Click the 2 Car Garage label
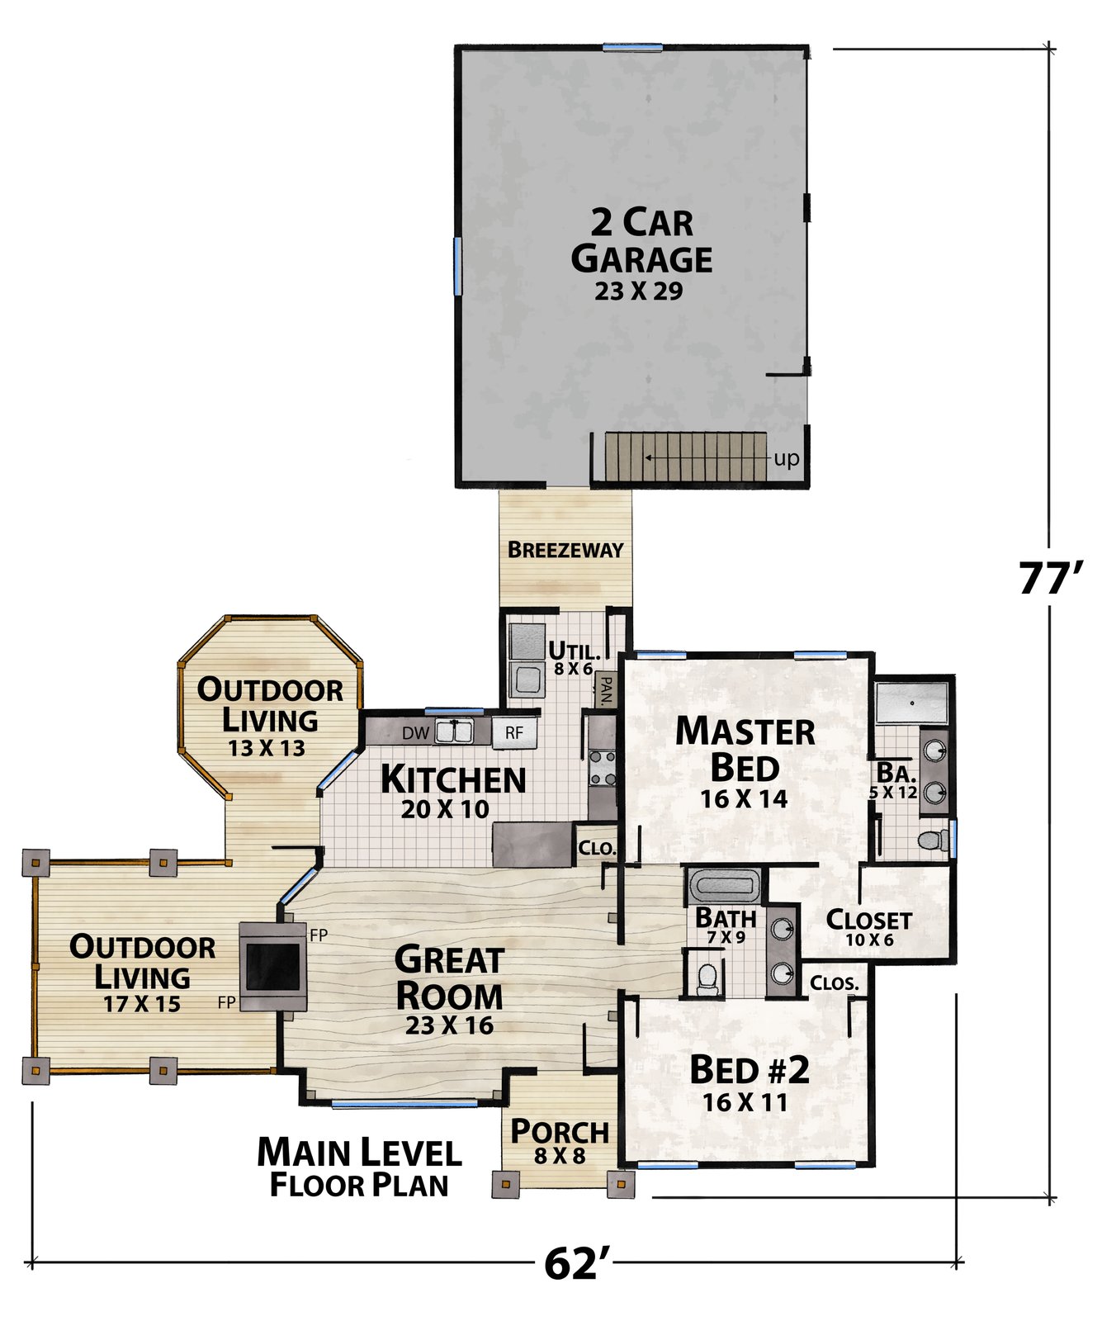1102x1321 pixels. coord(641,240)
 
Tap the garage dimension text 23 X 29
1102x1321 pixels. coord(638,291)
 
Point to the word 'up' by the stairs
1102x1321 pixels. coord(786,458)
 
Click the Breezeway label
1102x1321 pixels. coord(565,550)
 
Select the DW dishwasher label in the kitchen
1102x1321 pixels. coord(415,733)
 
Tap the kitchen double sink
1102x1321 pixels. coord(454,732)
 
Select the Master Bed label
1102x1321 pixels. coord(745,749)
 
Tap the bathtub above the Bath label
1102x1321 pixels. coord(724,887)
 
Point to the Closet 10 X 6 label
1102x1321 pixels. coord(869,927)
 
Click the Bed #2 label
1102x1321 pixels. coord(750,1070)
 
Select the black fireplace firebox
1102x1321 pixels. coord(272,967)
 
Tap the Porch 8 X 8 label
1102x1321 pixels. coord(560,1142)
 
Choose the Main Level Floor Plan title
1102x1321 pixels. coord(359,1167)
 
